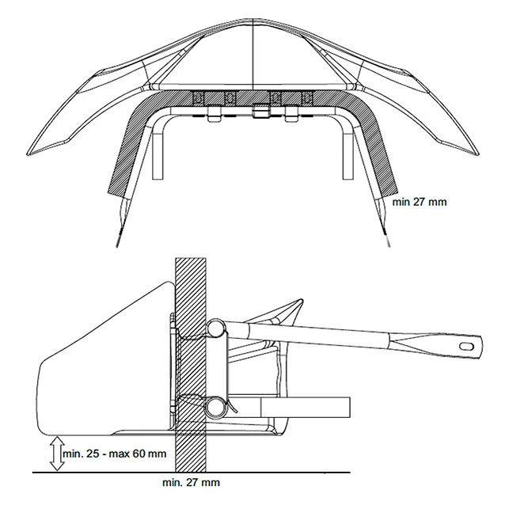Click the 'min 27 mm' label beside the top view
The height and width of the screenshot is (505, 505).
point(420,202)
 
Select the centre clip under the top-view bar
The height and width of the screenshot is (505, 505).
point(258,112)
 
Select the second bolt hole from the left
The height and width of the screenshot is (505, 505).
point(230,98)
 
